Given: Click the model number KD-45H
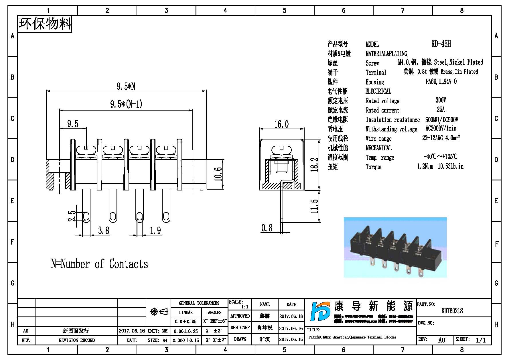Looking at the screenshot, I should coord(441,44).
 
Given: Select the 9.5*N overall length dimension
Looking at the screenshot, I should coord(126,86).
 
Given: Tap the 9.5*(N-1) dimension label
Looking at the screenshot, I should coord(126,104).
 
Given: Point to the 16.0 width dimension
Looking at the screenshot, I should coord(281,124).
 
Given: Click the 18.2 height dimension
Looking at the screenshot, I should coord(314,164).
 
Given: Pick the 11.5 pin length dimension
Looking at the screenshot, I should coord(314,206).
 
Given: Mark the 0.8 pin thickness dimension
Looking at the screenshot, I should coord(267,228).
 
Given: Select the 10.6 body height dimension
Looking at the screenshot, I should coord(218,174).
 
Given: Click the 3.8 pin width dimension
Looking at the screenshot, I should coord(103,230).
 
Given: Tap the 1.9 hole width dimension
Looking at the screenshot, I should coord(155,230).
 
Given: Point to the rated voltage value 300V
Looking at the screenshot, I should coord(441,100).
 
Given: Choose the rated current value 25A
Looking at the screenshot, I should coord(441,110).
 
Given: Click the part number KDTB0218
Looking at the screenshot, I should coord(452,311).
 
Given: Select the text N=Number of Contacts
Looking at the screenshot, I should coord(99,264).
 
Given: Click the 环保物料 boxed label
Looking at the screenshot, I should coord(45,24).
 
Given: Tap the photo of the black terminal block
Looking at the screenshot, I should coord(395,248).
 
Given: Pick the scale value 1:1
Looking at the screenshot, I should coord(245,307).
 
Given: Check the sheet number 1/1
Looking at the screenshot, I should coord(481,340).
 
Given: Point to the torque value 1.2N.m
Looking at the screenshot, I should coord(425,166).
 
